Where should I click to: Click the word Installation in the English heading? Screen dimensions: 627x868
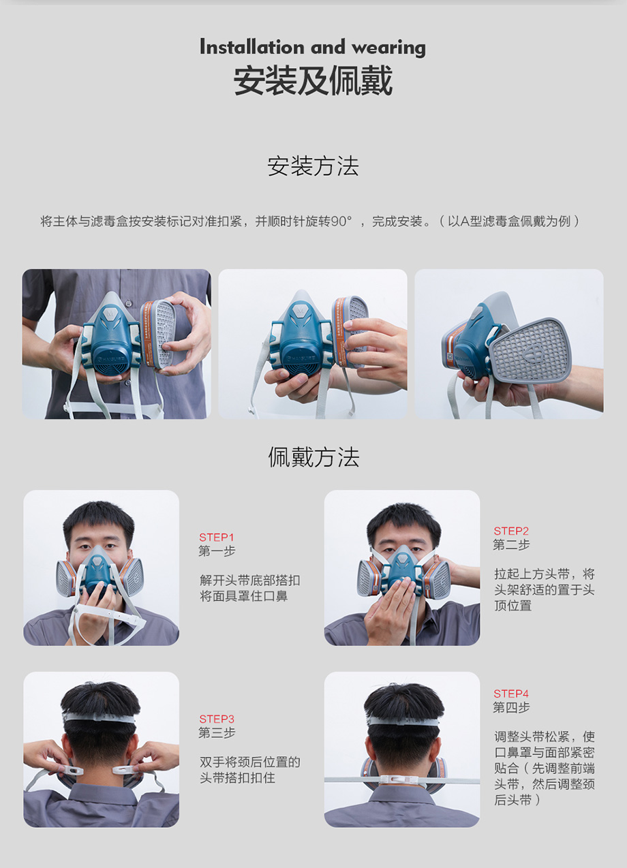pyautogui.click(x=252, y=47)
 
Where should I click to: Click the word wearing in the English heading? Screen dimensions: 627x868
pyautogui.click(x=388, y=48)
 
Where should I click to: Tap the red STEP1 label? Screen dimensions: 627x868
pyautogui.click(x=217, y=537)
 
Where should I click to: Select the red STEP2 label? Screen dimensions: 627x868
pyautogui.click(x=511, y=531)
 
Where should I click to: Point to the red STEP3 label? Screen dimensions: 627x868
pyautogui.click(x=217, y=719)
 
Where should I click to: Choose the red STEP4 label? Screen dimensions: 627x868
pyautogui.click(x=511, y=694)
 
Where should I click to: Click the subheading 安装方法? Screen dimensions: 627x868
pyautogui.click(x=313, y=166)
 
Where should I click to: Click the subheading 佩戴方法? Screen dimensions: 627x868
pyautogui.click(x=313, y=457)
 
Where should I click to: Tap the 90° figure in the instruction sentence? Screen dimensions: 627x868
pyautogui.click(x=341, y=221)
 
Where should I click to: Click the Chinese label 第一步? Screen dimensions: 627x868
pyautogui.click(x=217, y=551)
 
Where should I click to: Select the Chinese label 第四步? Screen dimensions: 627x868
pyautogui.click(x=512, y=707)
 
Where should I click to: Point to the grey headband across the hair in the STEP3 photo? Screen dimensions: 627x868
pyautogui.click(x=100, y=717)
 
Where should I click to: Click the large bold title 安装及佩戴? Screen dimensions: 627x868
pyautogui.click(x=313, y=80)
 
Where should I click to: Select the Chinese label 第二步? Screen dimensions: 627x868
pyautogui.click(x=512, y=544)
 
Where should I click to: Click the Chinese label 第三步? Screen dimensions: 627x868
pyautogui.click(x=217, y=732)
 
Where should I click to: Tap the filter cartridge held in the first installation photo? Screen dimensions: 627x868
pyautogui.click(x=157, y=334)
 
